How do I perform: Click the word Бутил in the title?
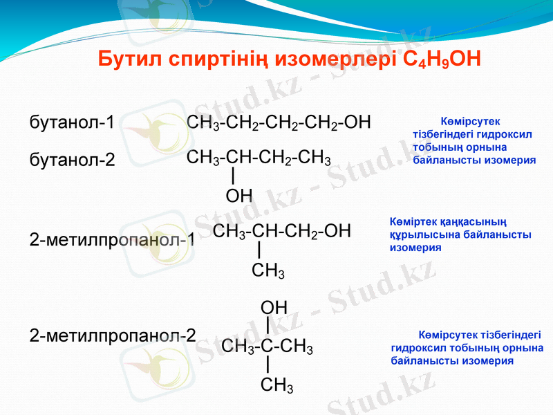(x=129, y=58)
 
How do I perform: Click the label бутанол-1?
(x=72, y=123)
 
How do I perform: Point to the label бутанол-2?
(x=72, y=160)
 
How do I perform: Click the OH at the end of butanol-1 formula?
(x=357, y=122)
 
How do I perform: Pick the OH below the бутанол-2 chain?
(x=239, y=196)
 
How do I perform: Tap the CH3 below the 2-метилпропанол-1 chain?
(x=268, y=270)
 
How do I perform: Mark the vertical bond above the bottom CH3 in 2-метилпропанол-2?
(x=268, y=365)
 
